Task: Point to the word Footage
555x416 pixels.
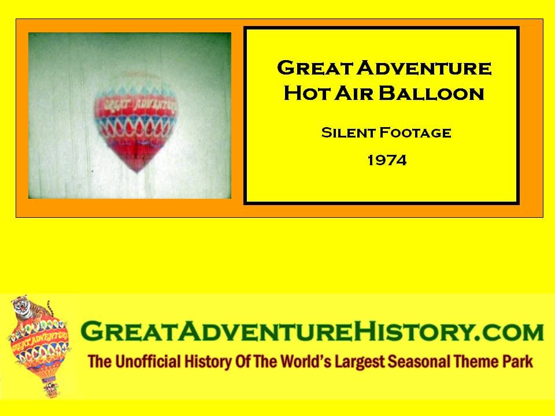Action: pyautogui.click(x=415, y=133)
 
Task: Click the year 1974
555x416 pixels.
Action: pyautogui.click(x=387, y=161)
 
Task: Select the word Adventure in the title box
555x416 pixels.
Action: pyautogui.click(x=424, y=68)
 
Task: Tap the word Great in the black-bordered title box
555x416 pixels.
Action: pyautogui.click(x=315, y=68)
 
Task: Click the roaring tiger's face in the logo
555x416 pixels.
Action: pyautogui.click(x=21, y=306)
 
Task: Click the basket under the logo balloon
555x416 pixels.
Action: pyautogui.click(x=51, y=389)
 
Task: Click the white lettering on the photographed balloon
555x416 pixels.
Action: pyautogui.click(x=140, y=105)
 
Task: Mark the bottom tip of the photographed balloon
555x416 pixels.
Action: pyautogui.click(x=138, y=172)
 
